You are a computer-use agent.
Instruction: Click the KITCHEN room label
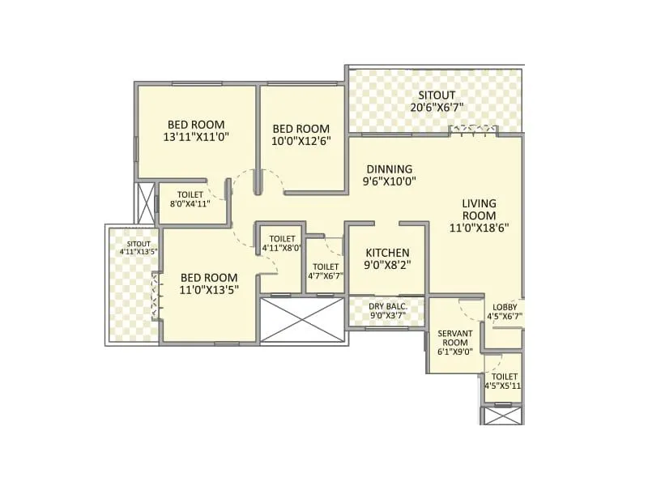[x=386, y=253]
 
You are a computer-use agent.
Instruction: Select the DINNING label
[x=389, y=169]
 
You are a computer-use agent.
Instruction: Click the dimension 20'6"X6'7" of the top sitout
[x=436, y=107]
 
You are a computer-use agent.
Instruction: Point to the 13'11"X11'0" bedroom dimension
[x=196, y=137]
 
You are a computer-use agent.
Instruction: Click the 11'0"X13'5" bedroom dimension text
[x=208, y=290]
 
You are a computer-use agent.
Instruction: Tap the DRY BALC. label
[x=386, y=305]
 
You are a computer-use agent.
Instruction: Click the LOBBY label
[x=505, y=306]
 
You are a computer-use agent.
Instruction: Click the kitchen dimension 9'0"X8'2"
[x=386, y=265]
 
